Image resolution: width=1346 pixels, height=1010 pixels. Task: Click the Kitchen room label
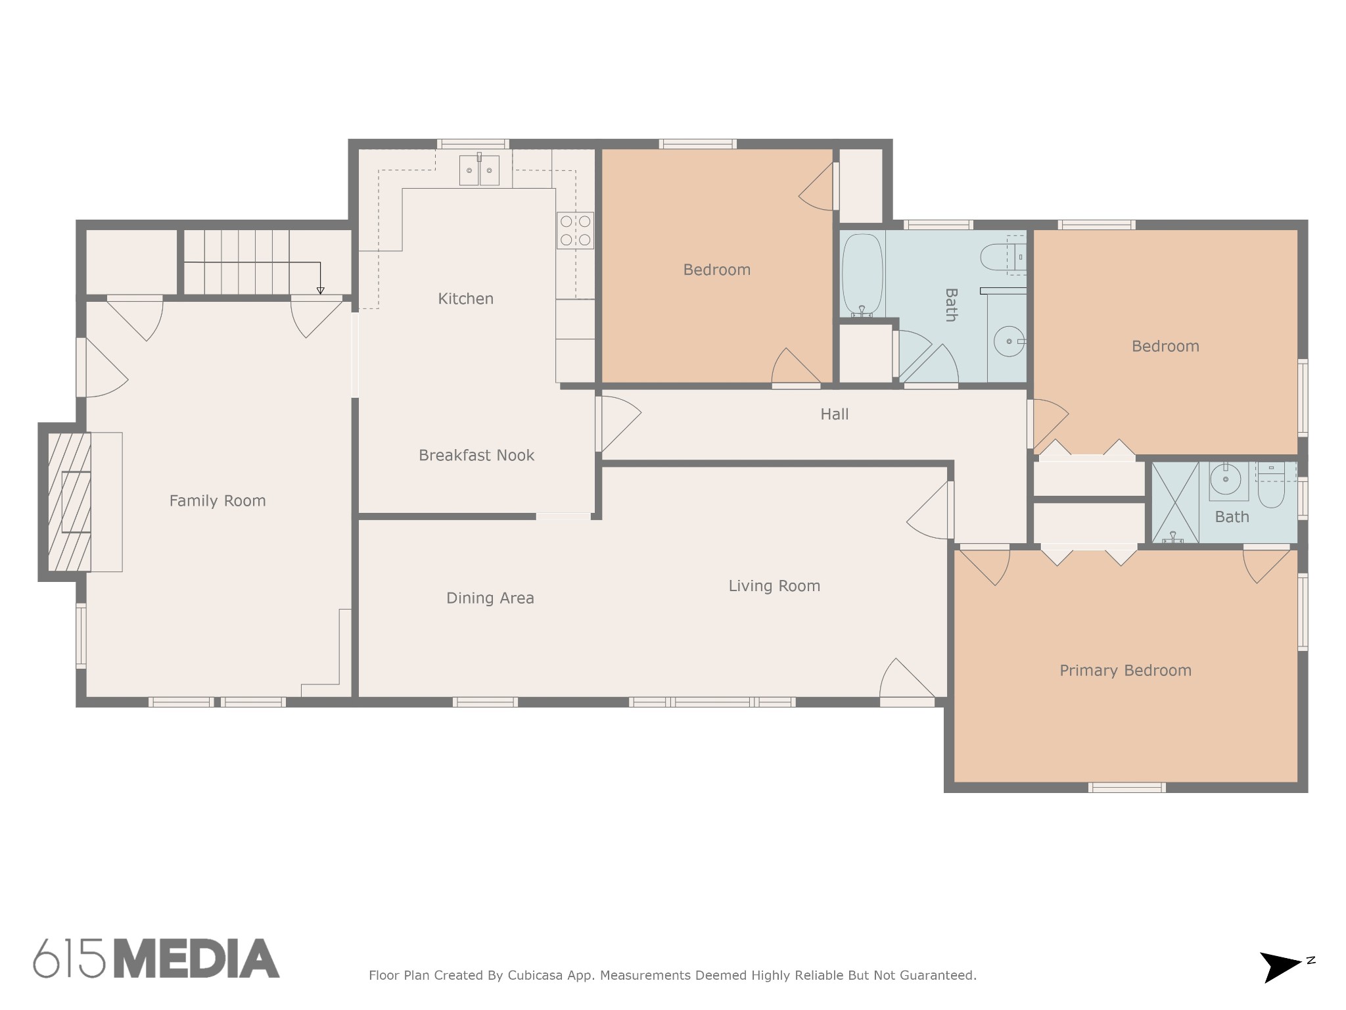tap(465, 299)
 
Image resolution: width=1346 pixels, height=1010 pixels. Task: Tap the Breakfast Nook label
tap(476, 455)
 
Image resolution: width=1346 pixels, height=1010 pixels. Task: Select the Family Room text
tap(218, 501)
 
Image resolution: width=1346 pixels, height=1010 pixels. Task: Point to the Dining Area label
tap(490, 598)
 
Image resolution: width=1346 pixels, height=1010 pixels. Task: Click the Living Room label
tap(774, 586)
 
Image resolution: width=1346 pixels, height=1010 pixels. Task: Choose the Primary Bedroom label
tap(1125, 671)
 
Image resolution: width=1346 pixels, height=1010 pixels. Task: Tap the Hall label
tap(835, 414)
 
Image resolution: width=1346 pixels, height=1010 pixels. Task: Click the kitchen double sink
tap(479, 170)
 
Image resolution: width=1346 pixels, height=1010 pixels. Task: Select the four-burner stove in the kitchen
tap(575, 230)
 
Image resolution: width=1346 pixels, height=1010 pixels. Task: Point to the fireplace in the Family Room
tap(70, 502)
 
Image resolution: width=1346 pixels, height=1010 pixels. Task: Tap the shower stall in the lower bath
tap(1175, 502)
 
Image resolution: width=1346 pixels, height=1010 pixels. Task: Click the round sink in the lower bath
tap(1226, 481)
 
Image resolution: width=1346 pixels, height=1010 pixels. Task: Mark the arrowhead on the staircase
tap(320, 291)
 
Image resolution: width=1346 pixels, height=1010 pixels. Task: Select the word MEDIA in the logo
tap(197, 959)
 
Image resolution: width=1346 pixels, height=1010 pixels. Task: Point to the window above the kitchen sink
tap(473, 144)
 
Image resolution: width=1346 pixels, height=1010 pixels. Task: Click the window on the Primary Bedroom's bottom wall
tap(1127, 788)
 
